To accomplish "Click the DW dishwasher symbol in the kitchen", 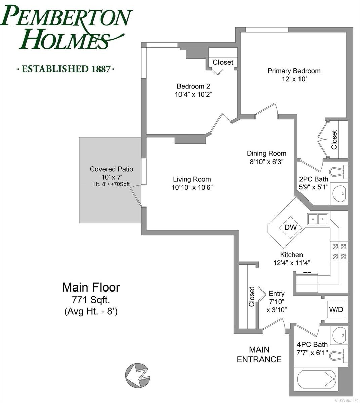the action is [x=290, y=227].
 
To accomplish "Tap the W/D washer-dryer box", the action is [x=336, y=309].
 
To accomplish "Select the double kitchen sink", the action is [x=317, y=219].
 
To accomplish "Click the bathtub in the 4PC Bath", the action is [x=317, y=379].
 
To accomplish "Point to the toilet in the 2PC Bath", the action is [x=338, y=171].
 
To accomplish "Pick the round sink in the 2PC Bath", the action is [x=338, y=194].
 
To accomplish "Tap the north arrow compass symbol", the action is [x=137, y=375].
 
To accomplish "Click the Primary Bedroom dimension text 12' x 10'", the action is [x=294, y=79].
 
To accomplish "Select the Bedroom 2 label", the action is [x=193, y=86].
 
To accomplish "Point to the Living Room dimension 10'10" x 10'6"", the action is [x=192, y=187].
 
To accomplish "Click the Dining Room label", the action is [x=267, y=153].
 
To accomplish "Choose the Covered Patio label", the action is [x=112, y=169].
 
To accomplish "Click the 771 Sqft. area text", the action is [x=91, y=300].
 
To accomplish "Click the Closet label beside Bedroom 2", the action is [x=223, y=62].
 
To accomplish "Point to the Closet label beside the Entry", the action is [x=252, y=297].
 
